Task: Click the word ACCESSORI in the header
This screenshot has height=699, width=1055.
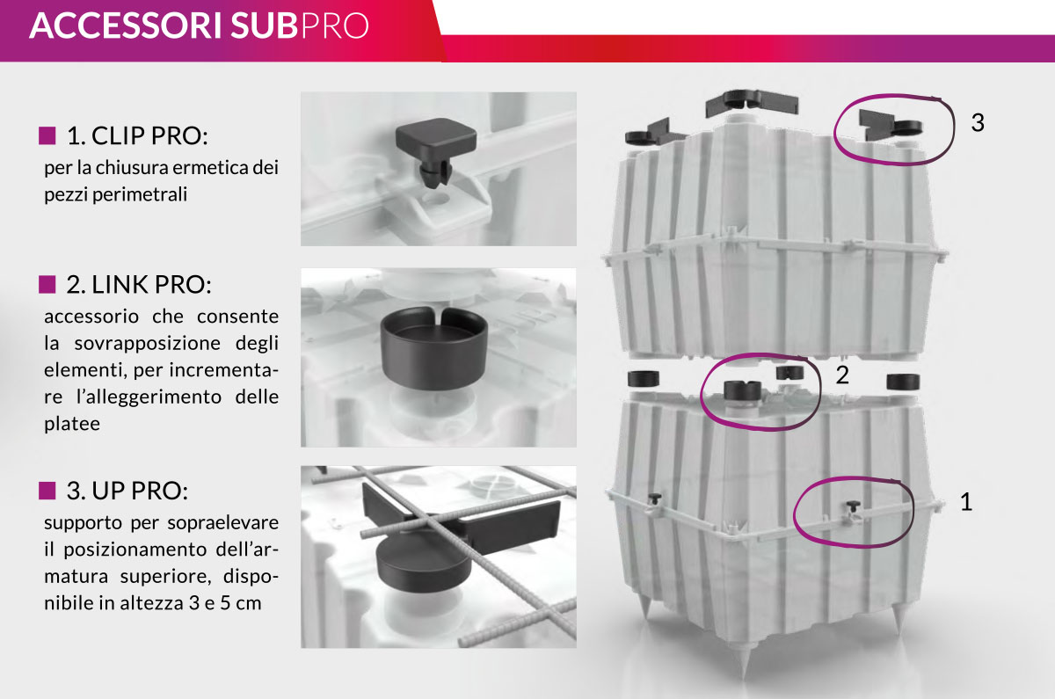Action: [126, 25]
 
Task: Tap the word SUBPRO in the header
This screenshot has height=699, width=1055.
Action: [300, 25]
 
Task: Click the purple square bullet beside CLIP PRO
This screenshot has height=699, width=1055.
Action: [47, 135]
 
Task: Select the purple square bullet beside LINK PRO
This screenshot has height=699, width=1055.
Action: [47, 285]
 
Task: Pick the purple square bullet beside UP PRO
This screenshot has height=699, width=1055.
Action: [47, 491]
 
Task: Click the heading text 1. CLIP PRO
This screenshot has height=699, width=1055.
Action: [137, 135]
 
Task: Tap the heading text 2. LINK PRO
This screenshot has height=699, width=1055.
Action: [139, 285]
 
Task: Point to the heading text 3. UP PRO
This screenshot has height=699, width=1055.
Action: [127, 491]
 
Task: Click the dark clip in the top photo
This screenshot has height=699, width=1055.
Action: [436, 150]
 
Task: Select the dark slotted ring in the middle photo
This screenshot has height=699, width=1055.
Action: [433, 348]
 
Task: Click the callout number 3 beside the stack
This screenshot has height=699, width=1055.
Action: [978, 122]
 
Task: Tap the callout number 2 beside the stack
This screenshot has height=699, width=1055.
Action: [842, 375]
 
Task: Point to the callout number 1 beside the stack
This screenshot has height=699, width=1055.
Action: [966, 502]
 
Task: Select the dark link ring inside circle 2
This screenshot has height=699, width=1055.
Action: [743, 390]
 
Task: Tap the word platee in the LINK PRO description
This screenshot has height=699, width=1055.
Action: [72, 424]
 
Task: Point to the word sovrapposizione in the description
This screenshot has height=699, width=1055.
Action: [148, 343]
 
